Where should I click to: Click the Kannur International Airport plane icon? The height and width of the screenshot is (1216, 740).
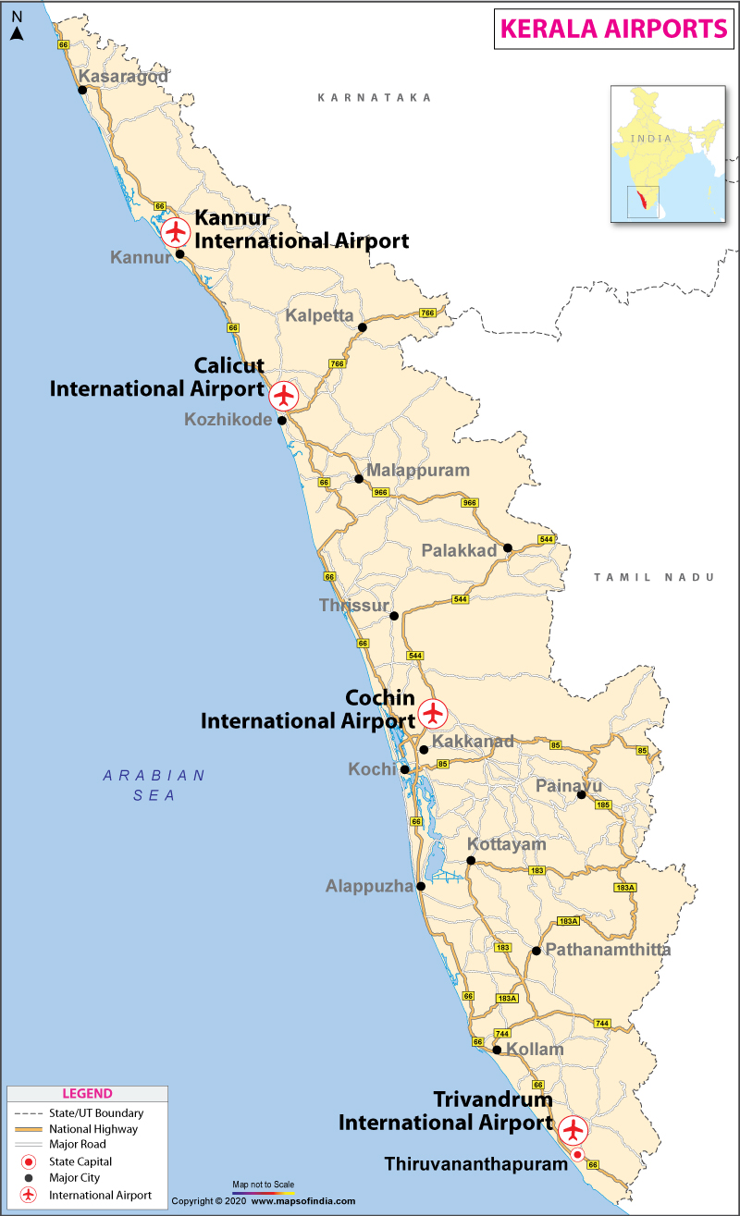pyautogui.click(x=175, y=231)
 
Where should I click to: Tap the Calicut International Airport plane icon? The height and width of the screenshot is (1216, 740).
pyautogui.click(x=284, y=395)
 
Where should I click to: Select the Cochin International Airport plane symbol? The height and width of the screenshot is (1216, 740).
pyautogui.click(x=432, y=713)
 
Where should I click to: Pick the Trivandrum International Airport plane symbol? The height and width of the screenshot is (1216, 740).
pyautogui.click(x=573, y=1128)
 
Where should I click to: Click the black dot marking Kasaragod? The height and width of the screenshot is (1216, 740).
pyautogui.click(x=82, y=90)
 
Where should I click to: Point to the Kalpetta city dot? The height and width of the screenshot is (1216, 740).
pyautogui.click(x=363, y=327)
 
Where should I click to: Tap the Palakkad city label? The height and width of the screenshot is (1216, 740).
pyautogui.click(x=460, y=551)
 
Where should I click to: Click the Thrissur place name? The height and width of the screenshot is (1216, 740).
pyautogui.click(x=353, y=606)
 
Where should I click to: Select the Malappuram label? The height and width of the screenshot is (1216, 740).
pyautogui.click(x=418, y=471)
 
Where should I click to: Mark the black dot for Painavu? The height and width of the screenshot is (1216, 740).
pyautogui.click(x=582, y=794)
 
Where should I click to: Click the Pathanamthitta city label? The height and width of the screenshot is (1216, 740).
pyautogui.click(x=608, y=950)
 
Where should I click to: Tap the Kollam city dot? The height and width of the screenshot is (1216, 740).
pyautogui.click(x=497, y=1050)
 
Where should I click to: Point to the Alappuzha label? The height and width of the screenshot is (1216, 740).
pyautogui.click(x=369, y=887)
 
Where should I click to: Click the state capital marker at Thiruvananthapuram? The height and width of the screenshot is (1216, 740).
pyautogui.click(x=577, y=1154)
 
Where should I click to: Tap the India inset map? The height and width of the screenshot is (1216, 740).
pyautogui.click(x=666, y=154)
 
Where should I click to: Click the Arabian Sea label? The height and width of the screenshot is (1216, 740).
pyautogui.click(x=154, y=785)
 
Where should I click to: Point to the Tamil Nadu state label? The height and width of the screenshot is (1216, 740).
pyautogui.click(x=654, y=577)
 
